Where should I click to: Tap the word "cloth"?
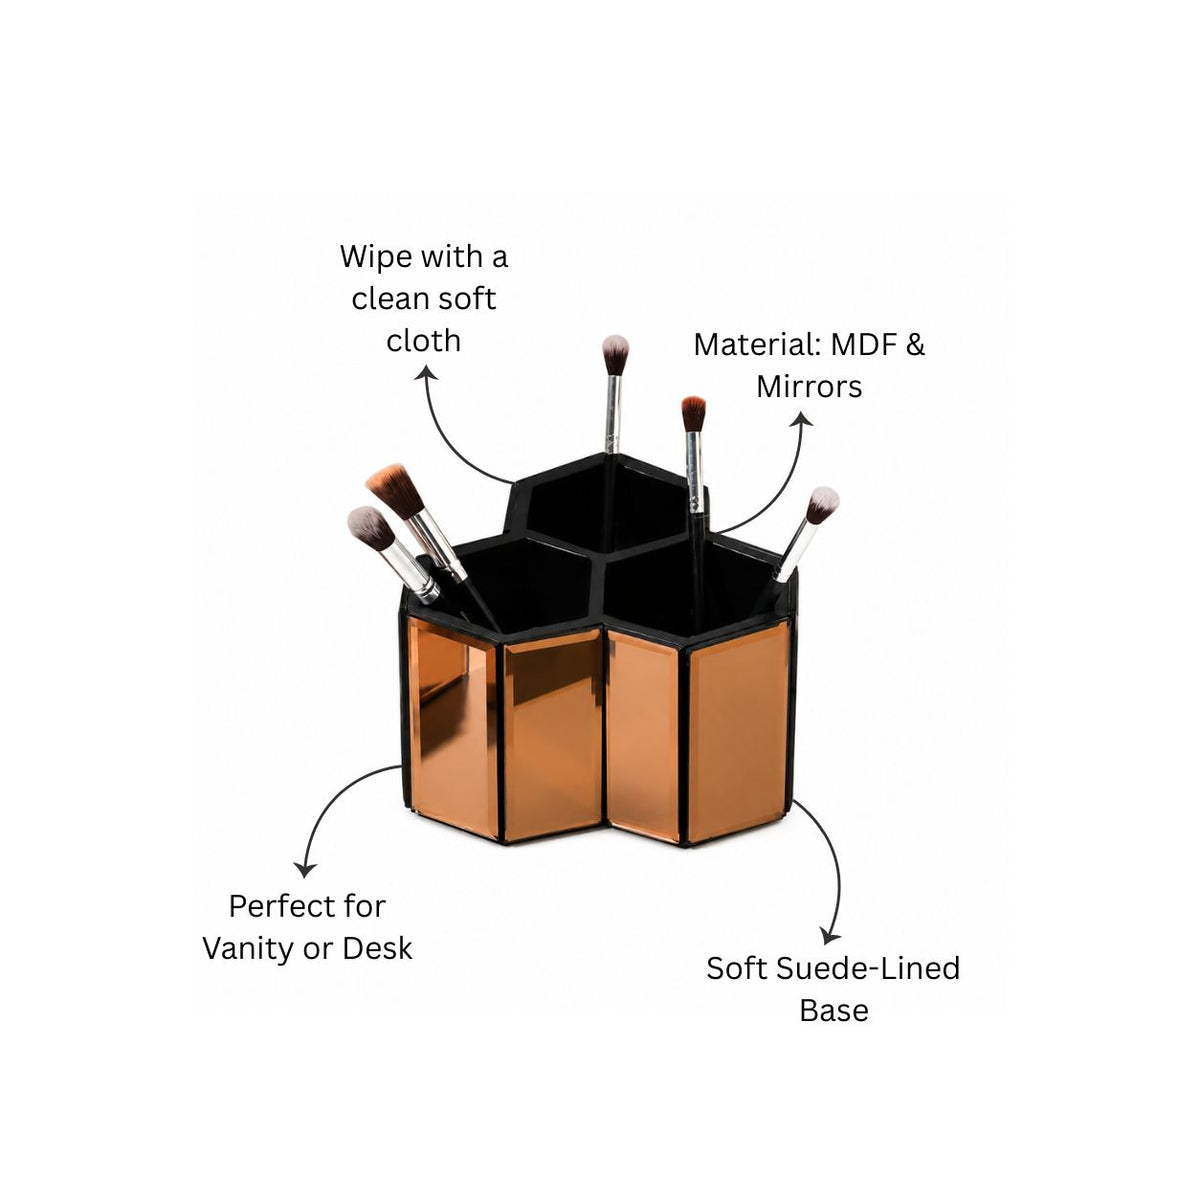point(423,341)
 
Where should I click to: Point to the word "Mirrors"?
point(809,387)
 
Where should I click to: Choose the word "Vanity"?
point(248,949)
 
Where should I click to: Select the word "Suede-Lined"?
point(869,968)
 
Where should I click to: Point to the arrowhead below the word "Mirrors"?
point(802,420)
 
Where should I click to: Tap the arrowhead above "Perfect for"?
point(305,869)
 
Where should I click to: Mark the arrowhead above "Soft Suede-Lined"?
point(829,937)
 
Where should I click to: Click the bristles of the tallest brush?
point(615,354)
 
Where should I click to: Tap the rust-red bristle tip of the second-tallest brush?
point(692,413)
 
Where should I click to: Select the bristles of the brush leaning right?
point(823,505)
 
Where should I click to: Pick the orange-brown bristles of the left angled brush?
point(395,490)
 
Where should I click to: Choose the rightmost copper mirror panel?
point(739,731)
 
